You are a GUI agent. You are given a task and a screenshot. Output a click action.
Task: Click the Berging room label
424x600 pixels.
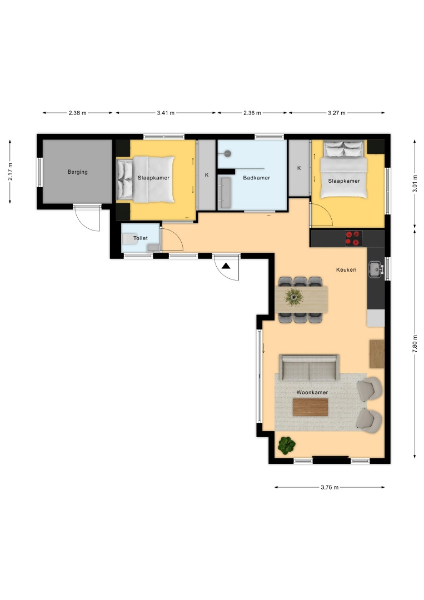pos(78,172)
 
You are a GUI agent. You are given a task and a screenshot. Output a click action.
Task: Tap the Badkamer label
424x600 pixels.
pos(256,178)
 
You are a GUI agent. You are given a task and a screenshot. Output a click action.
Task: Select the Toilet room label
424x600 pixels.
pos(141,238)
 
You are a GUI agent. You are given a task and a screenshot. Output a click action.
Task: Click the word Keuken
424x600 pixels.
pos(346,270)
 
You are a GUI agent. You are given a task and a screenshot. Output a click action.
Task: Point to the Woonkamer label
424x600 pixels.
pos(312,392)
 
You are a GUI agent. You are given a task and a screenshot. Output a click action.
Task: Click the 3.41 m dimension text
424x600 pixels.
pos(166,113)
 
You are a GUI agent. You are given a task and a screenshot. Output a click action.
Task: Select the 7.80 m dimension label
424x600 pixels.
pos(415,344)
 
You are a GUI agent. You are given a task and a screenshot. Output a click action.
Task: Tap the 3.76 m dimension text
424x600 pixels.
pos(330,488)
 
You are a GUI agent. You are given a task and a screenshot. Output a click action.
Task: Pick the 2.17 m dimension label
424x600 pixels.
pos(10,172)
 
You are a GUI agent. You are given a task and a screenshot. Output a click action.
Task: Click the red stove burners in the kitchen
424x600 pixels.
pos(353,238)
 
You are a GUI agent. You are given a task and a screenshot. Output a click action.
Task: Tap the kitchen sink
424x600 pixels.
pos(376,269)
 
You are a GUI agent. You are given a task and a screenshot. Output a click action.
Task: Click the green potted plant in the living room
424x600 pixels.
pos(287,446)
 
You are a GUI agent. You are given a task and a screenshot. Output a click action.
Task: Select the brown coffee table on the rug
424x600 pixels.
pos(310,407)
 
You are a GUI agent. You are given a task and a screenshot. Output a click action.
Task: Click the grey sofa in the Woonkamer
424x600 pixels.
pos(309,367)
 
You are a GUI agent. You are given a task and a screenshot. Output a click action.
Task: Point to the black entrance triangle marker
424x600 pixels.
pos(226,266)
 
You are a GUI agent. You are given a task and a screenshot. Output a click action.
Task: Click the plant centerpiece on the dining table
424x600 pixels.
pos(294,297)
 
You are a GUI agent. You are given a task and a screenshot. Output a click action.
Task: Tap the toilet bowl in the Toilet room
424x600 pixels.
pos(129,239)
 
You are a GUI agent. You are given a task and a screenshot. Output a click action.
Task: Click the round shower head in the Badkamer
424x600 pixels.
pos(228,154)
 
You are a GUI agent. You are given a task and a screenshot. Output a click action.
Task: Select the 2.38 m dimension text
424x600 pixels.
pos(78,113)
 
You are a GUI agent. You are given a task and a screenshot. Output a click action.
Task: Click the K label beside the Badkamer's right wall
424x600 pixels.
pos(299,168)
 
